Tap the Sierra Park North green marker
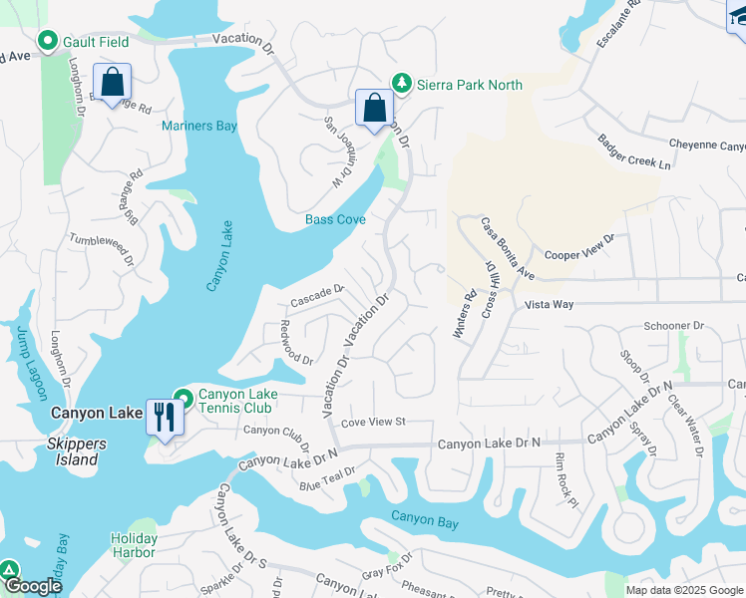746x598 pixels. [401, 84]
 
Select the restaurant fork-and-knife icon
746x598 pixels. [162, 416]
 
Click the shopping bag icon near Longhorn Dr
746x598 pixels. [112, 81]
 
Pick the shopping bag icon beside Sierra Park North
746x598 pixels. [374, 107]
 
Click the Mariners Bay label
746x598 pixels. [199, 126]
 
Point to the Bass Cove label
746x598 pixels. [335, 219]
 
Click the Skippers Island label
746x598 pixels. [63, 459]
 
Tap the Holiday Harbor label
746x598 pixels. [133, 545]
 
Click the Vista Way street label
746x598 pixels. [551, 304]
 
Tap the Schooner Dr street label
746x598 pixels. [674, 326]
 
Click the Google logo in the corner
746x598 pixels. [33, 587]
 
